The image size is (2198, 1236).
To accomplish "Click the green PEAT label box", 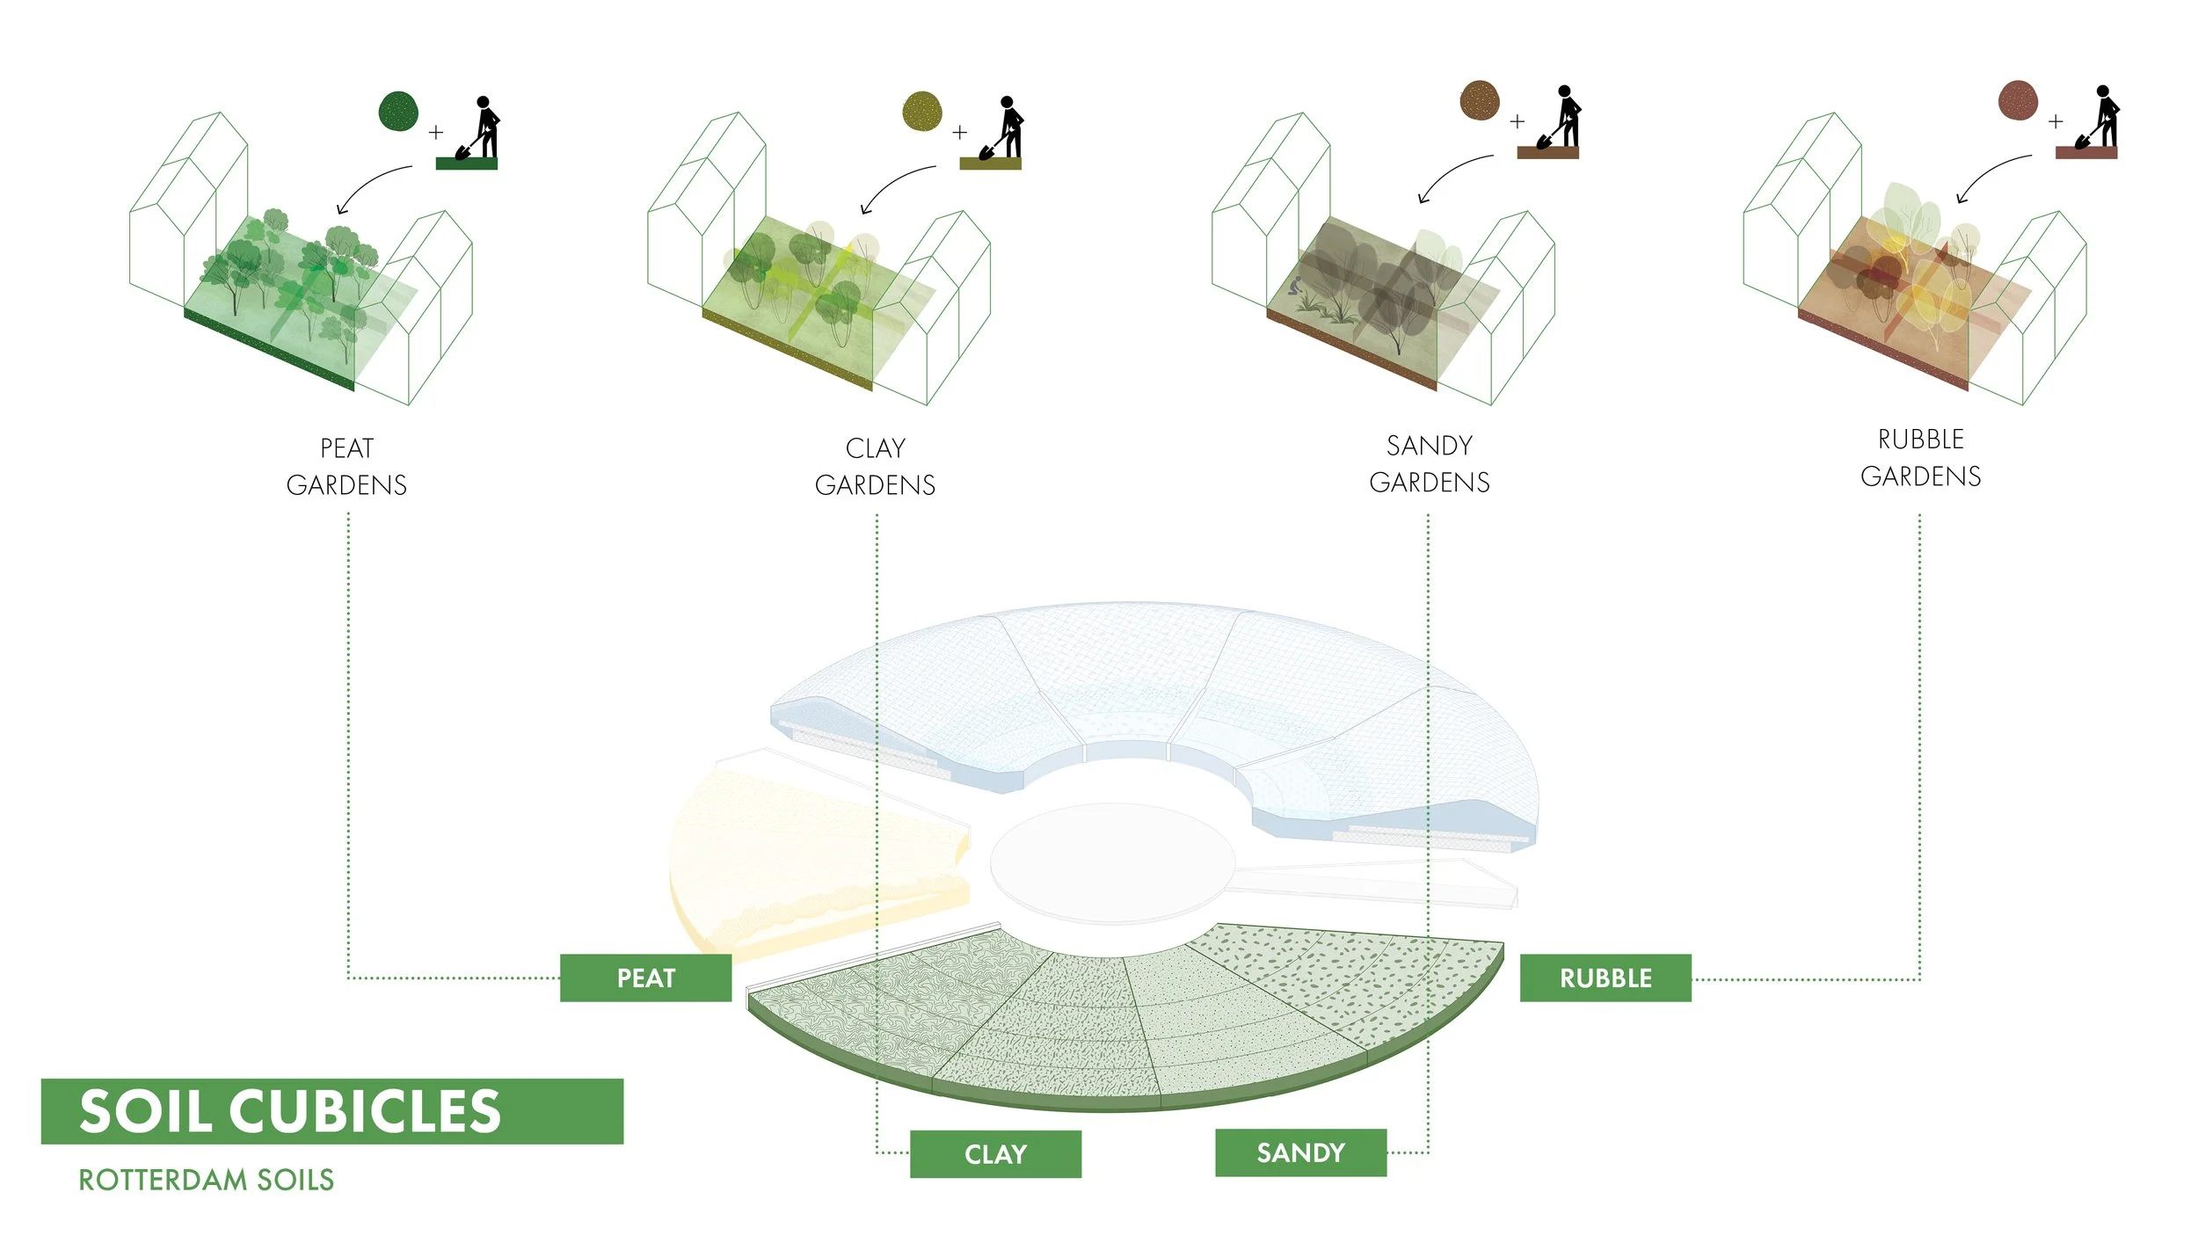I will [x=645, y=978].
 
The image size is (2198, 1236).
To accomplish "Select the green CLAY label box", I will [x=995, y=1153].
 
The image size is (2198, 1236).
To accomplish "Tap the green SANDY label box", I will [x=1300, y=1152].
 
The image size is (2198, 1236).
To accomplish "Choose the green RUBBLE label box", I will [x=1605, y=978].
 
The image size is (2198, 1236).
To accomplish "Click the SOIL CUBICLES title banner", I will [x=331, y=1111].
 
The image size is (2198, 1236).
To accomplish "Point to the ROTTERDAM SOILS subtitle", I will [x=207, y=1180].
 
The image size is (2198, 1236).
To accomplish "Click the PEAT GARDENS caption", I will [x=346, y=467].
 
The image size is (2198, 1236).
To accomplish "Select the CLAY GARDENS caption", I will [x=875, y=467].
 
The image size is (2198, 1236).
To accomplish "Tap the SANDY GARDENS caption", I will [x=1430, y=464].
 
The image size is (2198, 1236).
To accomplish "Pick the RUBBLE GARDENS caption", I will [x=1921, y=458].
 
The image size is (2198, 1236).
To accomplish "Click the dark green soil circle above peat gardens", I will [x=398, y=112].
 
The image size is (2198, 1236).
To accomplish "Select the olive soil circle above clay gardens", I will [x=922, y=112].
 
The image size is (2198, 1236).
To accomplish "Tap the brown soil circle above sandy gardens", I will [x=1480, y=100].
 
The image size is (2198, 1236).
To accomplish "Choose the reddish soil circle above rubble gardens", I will [x=2018, y=100].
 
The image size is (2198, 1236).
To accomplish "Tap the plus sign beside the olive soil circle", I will [x=959, y=132].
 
